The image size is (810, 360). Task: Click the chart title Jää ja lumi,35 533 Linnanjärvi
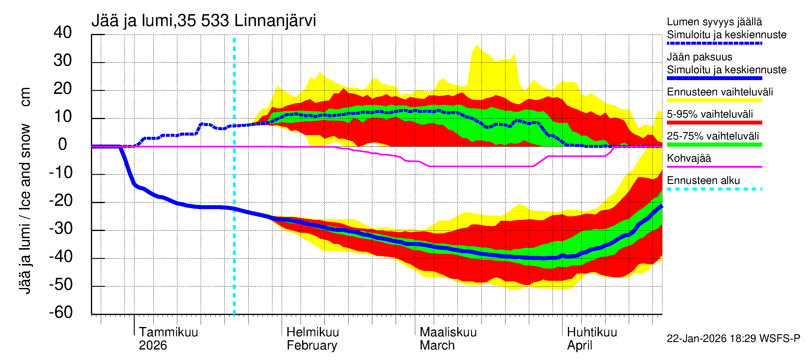point(203,21)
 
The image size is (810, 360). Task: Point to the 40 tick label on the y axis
point(63,32)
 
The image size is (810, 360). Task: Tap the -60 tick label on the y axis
point(61,312)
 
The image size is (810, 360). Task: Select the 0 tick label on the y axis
point(63,144)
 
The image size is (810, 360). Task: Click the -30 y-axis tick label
point(61,228)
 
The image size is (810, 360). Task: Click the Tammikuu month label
point(168,332)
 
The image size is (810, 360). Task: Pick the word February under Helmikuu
point(312,346)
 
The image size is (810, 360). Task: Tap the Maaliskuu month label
point(448,332)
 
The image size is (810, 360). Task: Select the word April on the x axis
point(579,346)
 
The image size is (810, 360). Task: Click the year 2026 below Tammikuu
point(153,346)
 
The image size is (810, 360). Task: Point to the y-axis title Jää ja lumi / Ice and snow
point(25,208)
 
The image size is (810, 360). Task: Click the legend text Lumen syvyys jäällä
point(714,22)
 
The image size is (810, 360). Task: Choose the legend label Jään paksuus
point(699,57)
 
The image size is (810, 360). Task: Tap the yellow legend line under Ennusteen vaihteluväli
point(714,100)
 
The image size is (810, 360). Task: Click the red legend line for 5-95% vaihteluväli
point(714,123)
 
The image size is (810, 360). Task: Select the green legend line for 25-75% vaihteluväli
point(714,145)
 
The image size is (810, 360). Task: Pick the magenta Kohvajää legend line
point(714,166)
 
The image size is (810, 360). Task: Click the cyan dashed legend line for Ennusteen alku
point(714,189)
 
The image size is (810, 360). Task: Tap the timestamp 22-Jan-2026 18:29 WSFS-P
point(733,338)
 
